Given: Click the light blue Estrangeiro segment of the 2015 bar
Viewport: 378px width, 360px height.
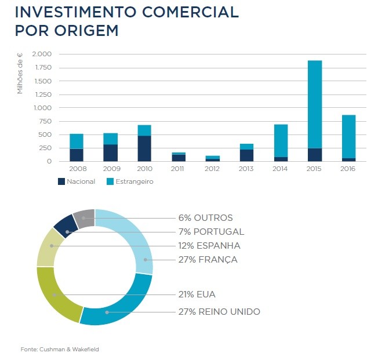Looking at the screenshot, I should point(315,104).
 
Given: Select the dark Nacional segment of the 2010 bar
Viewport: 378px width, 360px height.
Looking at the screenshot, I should point(144,148).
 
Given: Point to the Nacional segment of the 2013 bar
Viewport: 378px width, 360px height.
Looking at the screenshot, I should point(246,155).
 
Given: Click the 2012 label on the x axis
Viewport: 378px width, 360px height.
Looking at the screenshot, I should point(212,169).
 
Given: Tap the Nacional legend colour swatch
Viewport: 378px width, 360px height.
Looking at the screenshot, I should point(61,181).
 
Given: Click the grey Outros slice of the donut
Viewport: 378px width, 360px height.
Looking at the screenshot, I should point(84,218).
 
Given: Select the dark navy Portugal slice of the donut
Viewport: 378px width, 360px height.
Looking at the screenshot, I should point(66,226).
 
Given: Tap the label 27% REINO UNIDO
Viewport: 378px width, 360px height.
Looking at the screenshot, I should point(219,312).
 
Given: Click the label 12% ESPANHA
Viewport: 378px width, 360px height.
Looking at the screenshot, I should point(209,245).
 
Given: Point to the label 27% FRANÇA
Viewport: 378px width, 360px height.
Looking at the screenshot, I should point(208,259).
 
